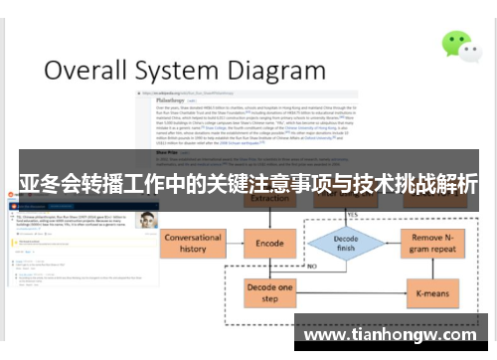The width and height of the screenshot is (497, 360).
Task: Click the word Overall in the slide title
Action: point(89,72)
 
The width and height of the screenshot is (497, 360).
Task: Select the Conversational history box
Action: point(193,244)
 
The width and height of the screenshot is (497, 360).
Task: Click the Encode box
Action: point(269,243)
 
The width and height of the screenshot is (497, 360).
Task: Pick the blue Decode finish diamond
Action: point(345,243)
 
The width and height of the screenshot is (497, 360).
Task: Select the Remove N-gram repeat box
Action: point(433,244)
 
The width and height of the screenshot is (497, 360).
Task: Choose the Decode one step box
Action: point(269,292)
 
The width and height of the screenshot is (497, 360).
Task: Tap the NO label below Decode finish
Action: point(314,268)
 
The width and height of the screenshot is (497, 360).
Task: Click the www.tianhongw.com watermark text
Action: point(395,335)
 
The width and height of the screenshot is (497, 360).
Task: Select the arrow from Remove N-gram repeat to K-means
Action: point(433,269)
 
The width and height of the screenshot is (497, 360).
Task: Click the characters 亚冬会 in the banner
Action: point(48,184)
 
